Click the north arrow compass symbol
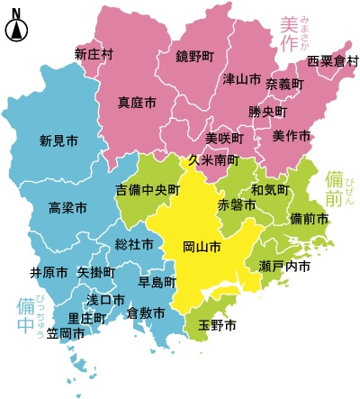[16, 26]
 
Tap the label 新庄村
[94, 54]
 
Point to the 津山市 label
[242, 79]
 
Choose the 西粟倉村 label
[332, 61]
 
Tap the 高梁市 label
[68, 208]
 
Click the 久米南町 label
[213, 160]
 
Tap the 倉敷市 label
[146, 313]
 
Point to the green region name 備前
[334, 189]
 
